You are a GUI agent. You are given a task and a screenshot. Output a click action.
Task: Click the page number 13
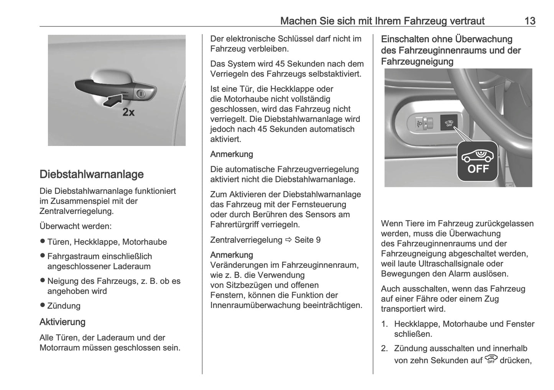click(x=529, y=21)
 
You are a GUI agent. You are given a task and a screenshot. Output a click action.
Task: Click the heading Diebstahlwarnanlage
click(x=92, y=174)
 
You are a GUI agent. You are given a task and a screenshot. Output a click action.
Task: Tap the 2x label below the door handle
click(x=128, y=112)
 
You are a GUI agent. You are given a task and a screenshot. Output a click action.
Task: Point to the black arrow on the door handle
click(x=112, y=101)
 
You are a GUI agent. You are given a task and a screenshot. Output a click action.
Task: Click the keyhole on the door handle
click(x=140, y=93)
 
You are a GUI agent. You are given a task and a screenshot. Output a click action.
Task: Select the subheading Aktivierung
click(x=62, y=322)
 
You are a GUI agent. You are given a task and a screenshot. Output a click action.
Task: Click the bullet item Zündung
click(x=64, y=306)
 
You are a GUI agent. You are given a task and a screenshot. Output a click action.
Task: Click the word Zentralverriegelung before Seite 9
click(x=246, y=240)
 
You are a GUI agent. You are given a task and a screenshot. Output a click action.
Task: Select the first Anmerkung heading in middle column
click(x=232, y=154)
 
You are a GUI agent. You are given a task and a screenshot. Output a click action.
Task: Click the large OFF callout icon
click(x=478, y=161)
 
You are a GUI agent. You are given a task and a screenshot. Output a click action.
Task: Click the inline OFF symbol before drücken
click(x=491, y=359)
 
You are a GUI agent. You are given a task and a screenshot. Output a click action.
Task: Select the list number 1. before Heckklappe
click(x=385, y=324)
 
